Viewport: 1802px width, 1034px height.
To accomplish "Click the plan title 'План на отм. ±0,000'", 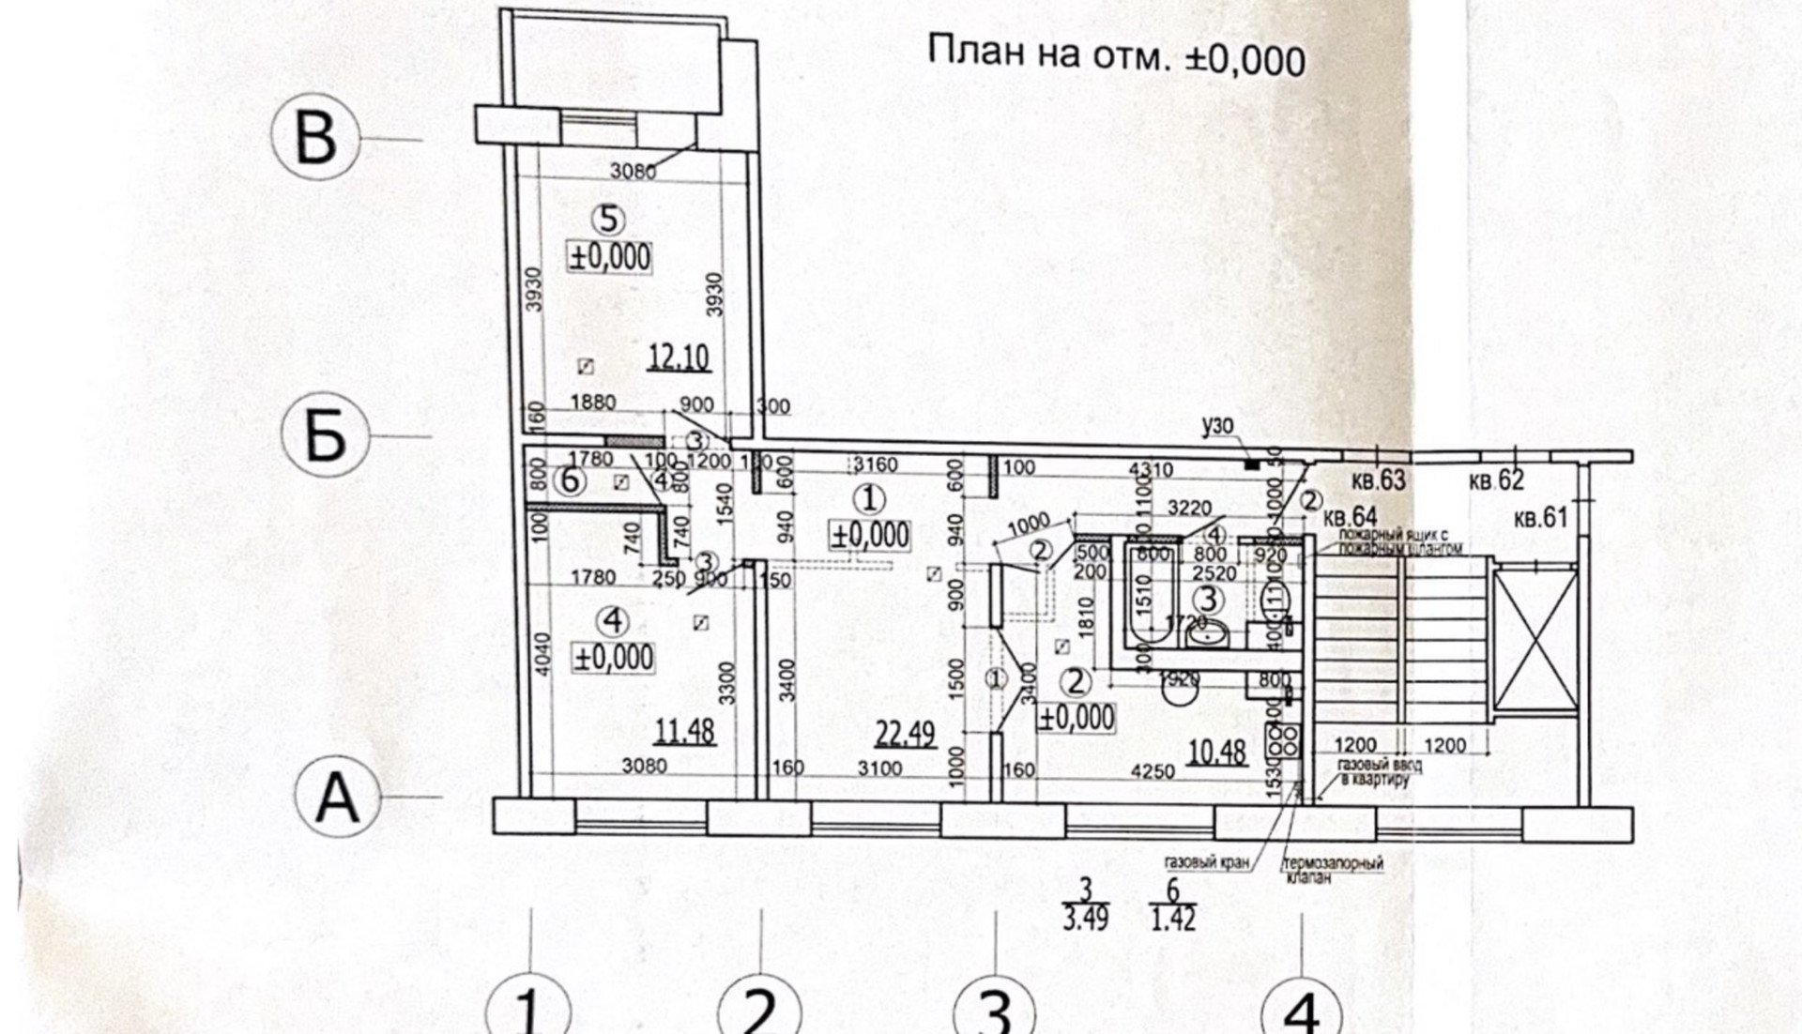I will (1115, 55).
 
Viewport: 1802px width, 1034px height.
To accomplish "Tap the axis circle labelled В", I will (315, 138).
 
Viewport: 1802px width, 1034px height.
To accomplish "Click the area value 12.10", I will (678, 357).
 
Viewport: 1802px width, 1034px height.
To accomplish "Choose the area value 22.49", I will (905, 733).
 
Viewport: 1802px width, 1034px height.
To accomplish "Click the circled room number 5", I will (608, 220).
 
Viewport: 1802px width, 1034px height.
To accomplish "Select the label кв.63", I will (1378, 480).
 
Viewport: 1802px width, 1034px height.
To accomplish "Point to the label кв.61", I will (1540, 517).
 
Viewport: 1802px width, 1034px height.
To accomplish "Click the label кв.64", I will (1350, 517).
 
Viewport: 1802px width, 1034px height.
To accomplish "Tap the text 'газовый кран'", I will (1206, 862).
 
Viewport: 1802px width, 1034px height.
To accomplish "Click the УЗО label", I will (1216, 427).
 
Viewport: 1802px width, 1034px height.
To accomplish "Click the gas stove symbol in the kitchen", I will (1282, 741).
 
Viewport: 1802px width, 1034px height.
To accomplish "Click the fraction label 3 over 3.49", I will (1086, 905).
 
